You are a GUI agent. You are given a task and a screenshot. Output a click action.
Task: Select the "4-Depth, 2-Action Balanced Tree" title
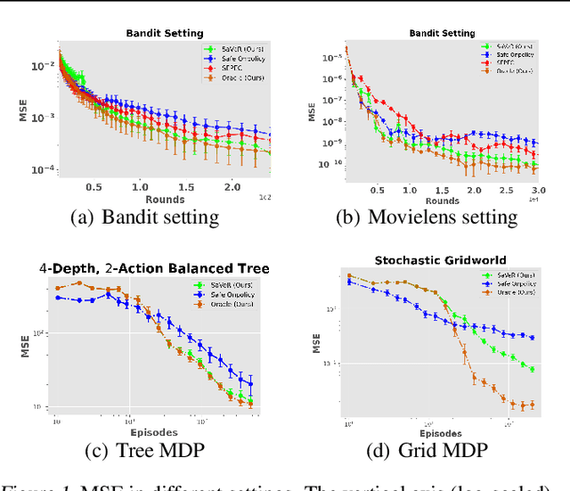[x=153, y=268]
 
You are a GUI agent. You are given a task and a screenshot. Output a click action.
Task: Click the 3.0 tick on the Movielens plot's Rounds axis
[x=534, y=190]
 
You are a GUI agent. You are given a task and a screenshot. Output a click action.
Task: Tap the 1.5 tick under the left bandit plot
[x=184, y=187]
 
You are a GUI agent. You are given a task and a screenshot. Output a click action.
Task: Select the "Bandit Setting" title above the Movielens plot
[x=441, y=33]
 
